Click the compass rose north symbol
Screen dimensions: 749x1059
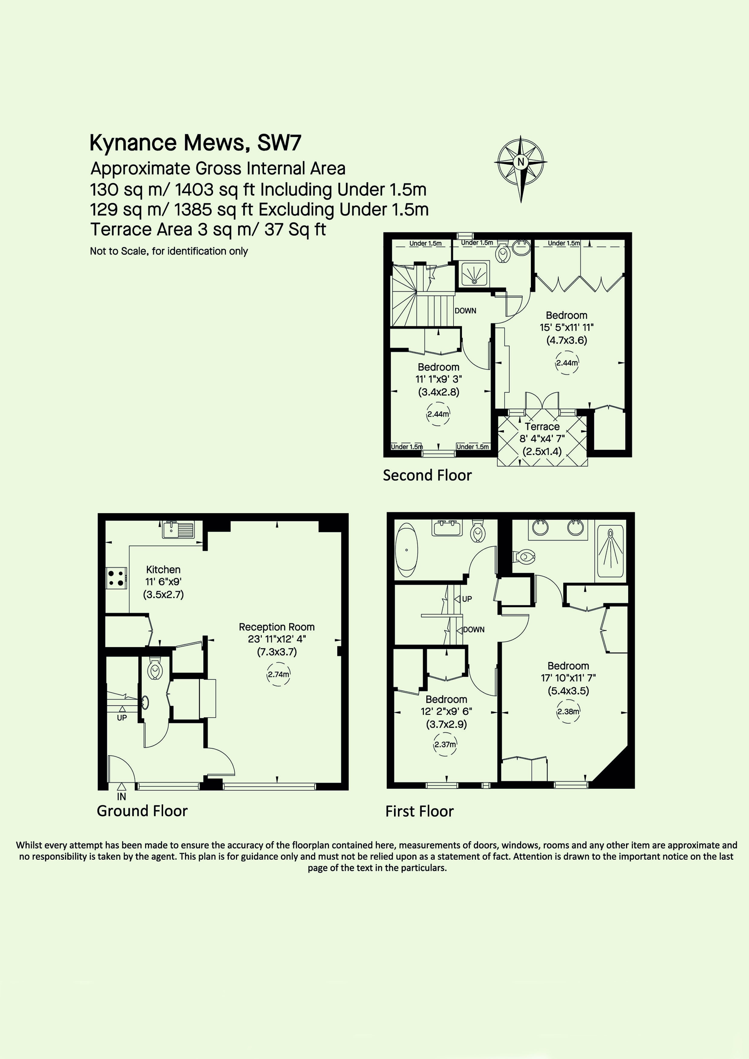(x=521, y=168)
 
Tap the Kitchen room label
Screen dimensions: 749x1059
(x=163, y=570)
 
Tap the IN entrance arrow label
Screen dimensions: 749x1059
(x=122, y=797)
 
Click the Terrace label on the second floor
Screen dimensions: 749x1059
(x=542, y=427)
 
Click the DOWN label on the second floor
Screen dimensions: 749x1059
(x=466, y=311)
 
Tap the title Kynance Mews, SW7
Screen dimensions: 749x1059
(x=195, y=143)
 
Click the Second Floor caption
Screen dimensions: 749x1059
(x=427, y=475)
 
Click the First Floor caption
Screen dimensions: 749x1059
(x=419, y=811)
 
